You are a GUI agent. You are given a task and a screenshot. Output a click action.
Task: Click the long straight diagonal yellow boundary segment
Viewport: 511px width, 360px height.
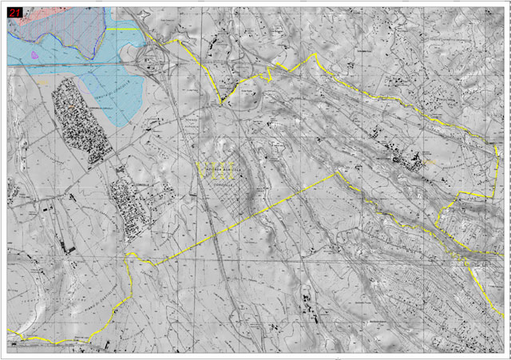point(240,220)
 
